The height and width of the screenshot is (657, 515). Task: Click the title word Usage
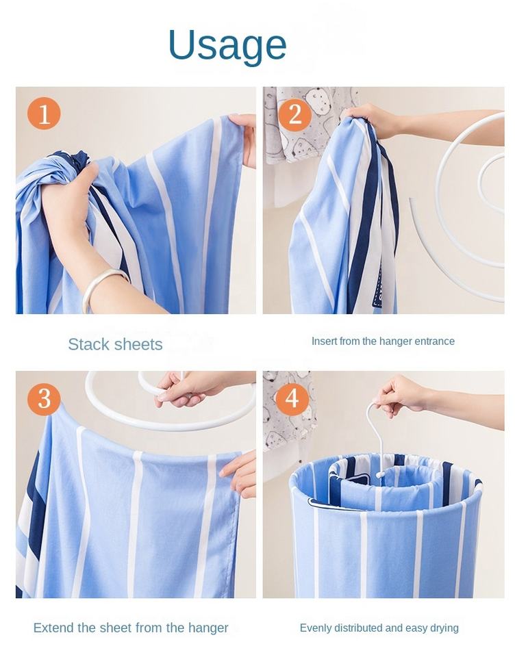pyautogui.click(x=227, y=45)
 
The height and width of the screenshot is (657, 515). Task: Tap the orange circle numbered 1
pyautogui.click(x=44, y=113)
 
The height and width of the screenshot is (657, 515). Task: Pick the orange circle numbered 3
pyautogui.click(x=45, y=399)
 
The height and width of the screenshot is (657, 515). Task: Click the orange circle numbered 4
pyautogui.click(x=292, y=398)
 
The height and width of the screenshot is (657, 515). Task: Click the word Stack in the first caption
pyautogui.click(x=89, y=344)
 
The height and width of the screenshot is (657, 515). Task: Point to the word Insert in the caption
pyautogui.click(x=324, y=341)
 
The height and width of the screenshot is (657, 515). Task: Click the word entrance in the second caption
pyautogui.click(x=434, y=342)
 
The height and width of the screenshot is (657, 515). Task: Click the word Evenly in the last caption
pyautogui.click(x=313, y=628)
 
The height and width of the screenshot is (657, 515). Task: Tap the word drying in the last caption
pyautogui.click(x=445, y=628)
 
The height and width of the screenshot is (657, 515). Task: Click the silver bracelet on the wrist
pyautogui.click(x=105, y=286)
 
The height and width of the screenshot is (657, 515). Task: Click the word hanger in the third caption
pyautogui.click(x=208, y=628)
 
